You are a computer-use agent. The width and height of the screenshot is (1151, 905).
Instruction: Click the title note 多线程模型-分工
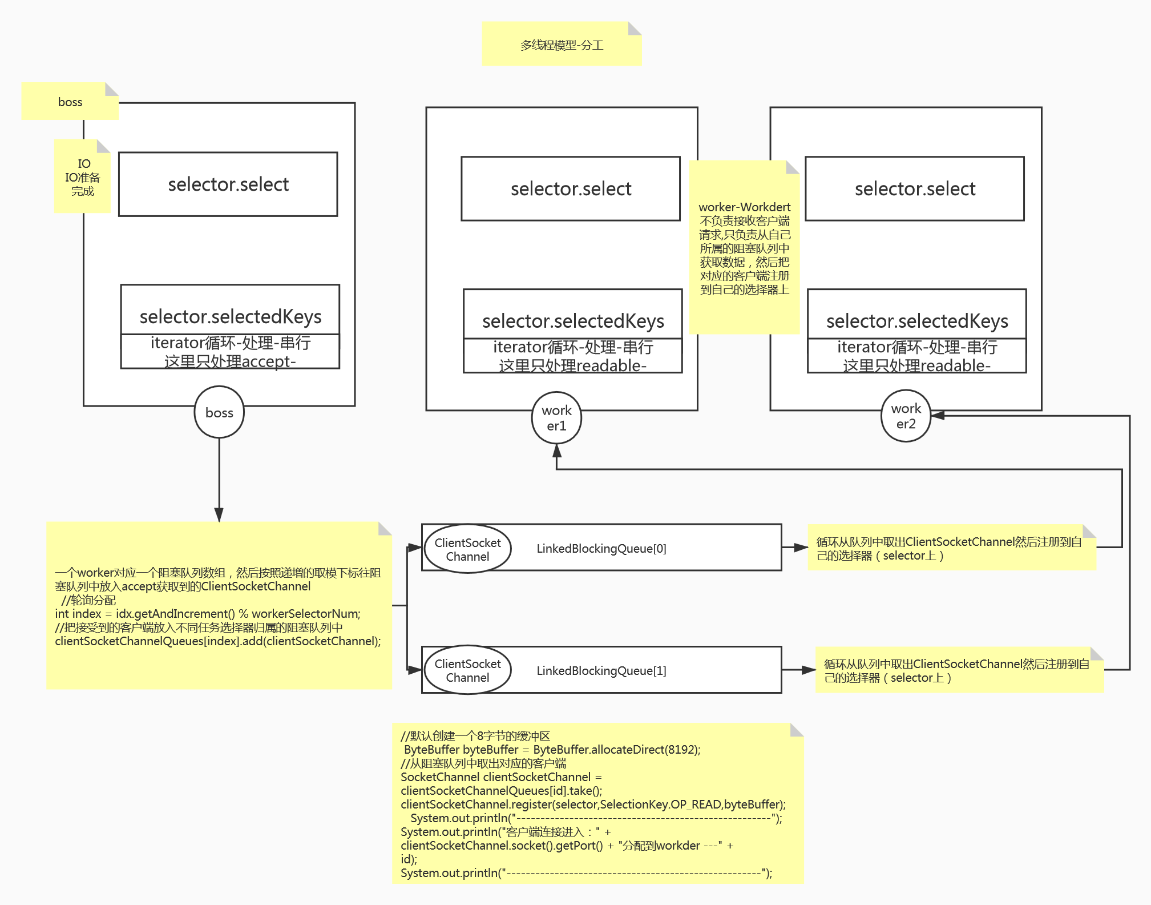[562, 45]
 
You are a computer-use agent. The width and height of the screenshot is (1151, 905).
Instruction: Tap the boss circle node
[219, 412]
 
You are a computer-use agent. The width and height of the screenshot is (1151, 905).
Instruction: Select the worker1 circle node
[556, 418]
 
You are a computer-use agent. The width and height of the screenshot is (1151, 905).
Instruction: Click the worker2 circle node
[906, 416]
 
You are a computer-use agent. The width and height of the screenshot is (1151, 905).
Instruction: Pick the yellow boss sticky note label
[70, 102]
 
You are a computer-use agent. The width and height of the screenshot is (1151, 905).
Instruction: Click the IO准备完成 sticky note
[83, 177]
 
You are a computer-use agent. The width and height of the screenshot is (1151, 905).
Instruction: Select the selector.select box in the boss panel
[228, 184]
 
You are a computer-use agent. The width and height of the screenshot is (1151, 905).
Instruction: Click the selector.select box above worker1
[571, 188]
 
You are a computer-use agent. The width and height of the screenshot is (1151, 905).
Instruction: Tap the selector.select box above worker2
[915, 188]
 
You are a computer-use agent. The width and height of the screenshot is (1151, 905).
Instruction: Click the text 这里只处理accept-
[230, 361]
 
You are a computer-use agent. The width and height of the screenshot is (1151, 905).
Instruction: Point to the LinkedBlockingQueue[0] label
[601, 548]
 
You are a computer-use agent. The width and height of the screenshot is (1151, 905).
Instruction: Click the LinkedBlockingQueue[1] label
[601, 670]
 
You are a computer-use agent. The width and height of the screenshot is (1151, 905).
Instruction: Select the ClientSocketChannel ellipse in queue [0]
[467, 549]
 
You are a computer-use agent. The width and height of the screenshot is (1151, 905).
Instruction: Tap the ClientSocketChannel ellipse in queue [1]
[467, 670]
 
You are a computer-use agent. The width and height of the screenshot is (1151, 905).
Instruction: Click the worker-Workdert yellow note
[744, 247]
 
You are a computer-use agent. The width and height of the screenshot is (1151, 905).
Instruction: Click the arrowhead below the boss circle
[219, 514]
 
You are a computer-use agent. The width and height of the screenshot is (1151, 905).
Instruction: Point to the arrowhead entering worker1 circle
[557, 451]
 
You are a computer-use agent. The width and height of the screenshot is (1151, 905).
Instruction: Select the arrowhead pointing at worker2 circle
[938, 416]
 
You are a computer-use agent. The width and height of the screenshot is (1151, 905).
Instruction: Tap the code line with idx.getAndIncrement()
[208, 614]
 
